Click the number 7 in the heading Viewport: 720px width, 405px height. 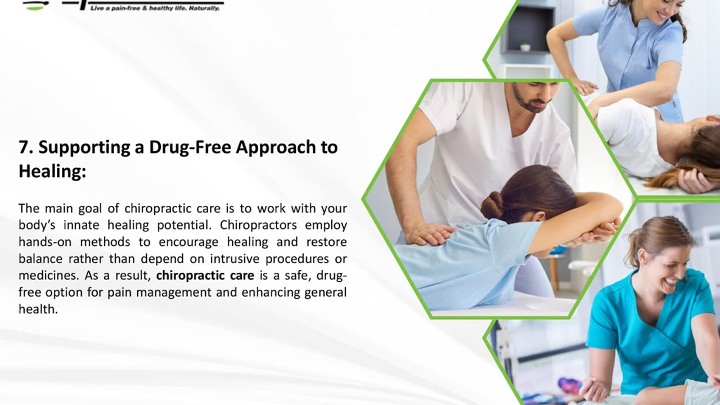(x=24, y=147)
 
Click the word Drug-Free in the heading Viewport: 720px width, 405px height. (x=190, y=148)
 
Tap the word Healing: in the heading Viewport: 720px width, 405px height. (x=52, y=172)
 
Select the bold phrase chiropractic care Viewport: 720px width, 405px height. (x=205, y=276)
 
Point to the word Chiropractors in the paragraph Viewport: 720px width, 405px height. (x=258, y=225)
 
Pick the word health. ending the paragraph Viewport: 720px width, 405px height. (x=38, y=309)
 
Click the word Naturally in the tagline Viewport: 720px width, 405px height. (x=204, y=8)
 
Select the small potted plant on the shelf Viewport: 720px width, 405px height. (x=525, y=46)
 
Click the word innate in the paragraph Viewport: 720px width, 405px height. (x=81, y=225)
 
